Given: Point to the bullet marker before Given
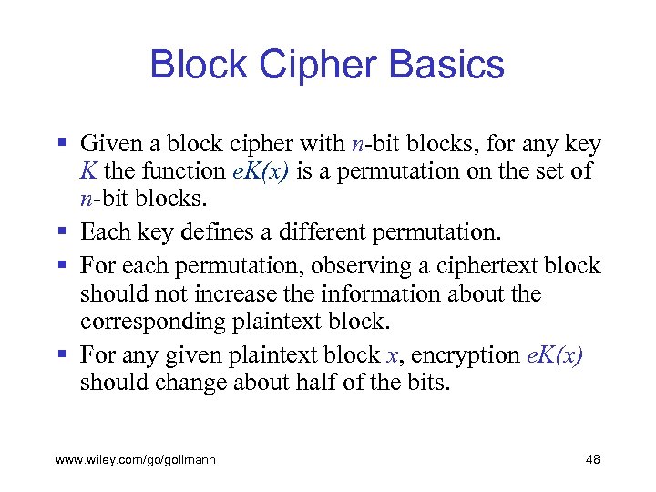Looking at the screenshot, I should click(x=61, y=144).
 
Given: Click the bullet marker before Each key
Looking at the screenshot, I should click(x=61, y=232).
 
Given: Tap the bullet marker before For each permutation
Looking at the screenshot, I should click(x=61, y=266).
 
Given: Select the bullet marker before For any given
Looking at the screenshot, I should click(x=61, y=354).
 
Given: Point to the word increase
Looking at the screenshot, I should click(x=235, y=294).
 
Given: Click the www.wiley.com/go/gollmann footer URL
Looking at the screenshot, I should click(x=136, y=460).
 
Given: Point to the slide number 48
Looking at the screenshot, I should click(x=592, y=460).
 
